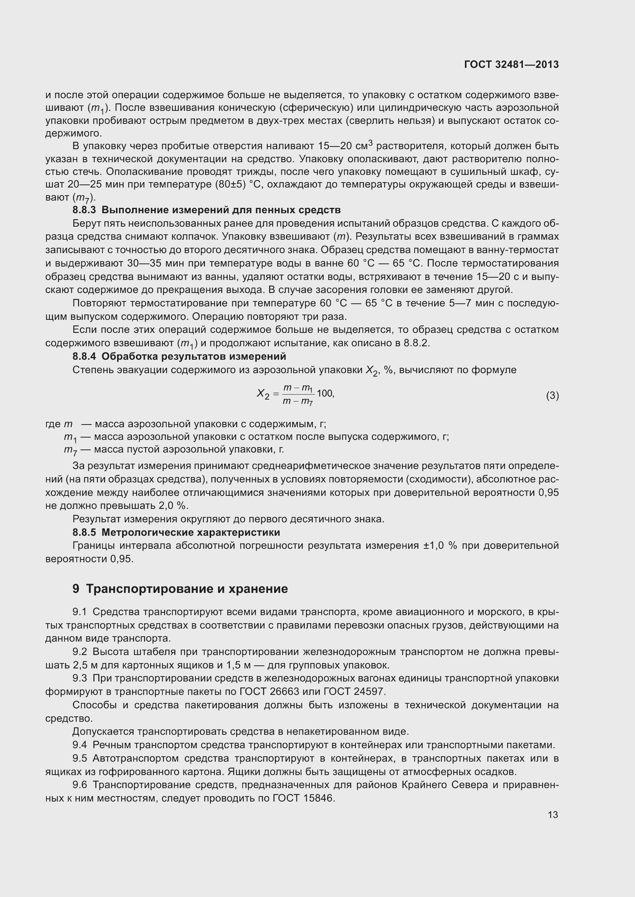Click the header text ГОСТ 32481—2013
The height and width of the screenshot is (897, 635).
click(511, 64)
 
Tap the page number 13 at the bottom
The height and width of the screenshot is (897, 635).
click(553, 815)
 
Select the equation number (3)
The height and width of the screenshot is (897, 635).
click(552, 396)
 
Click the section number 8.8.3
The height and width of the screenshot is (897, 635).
click(84, 210)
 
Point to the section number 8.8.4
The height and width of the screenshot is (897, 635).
click(84, 356)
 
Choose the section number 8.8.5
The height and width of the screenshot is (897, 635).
click(84, 533)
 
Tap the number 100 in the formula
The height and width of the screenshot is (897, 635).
click(325, 393)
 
